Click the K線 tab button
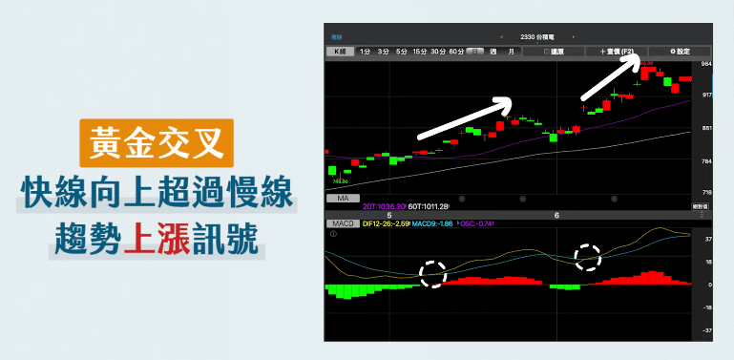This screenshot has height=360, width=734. pos(339,51)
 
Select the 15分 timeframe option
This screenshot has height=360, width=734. pos(420,51)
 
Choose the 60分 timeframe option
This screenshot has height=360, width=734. pos(456,51)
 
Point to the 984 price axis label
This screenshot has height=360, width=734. pos(706,64)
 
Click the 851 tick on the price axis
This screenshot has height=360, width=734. pos(706,128)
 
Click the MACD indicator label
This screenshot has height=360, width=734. pos(344,222)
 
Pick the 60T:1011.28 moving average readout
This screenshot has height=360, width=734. pos(429,205)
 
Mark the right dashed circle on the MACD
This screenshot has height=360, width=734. pos(587,257)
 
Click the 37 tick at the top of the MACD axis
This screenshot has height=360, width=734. pos(707,240)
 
